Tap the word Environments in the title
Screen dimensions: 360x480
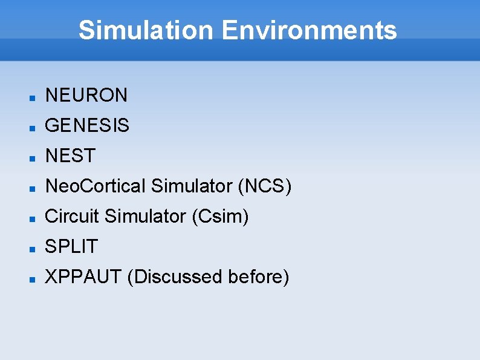[309, 30]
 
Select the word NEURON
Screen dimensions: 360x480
[86, 95]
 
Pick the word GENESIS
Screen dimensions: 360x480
[87, 125]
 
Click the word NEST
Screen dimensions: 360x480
[71, 155]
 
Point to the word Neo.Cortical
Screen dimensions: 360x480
[96, 186]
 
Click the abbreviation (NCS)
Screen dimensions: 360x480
[265, 186]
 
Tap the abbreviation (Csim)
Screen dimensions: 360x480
[220, 216]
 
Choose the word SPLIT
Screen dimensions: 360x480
[71, 246]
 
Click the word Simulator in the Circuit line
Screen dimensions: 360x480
[145, 216]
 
